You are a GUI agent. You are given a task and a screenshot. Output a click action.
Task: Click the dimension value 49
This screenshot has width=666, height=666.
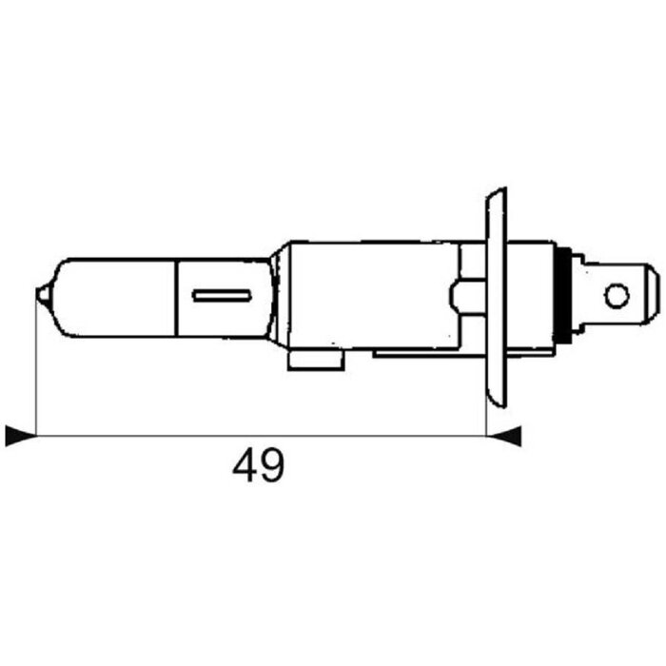click(x=259, y=466)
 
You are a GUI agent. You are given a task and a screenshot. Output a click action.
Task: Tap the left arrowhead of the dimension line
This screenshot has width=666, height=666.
click(x=18, y=436)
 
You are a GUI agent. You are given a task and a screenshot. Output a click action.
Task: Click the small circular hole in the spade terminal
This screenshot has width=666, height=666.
click(x=617, y=296)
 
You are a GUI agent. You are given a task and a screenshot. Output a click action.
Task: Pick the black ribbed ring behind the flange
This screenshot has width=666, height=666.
click(x=571, y=295)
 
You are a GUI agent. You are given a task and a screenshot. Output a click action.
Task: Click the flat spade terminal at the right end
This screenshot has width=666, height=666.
click(x=623, y=296)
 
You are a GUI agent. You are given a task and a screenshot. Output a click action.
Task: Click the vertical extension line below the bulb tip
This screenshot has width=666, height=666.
click(x=35, y=371)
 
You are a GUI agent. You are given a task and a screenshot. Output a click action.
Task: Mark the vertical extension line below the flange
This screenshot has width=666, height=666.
click(x=487, y=419)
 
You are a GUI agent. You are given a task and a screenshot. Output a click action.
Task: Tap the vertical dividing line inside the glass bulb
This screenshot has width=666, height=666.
click(x=176, y=296)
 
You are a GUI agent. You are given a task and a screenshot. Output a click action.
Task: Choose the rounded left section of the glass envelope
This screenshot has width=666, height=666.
click(x=105, y=296)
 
